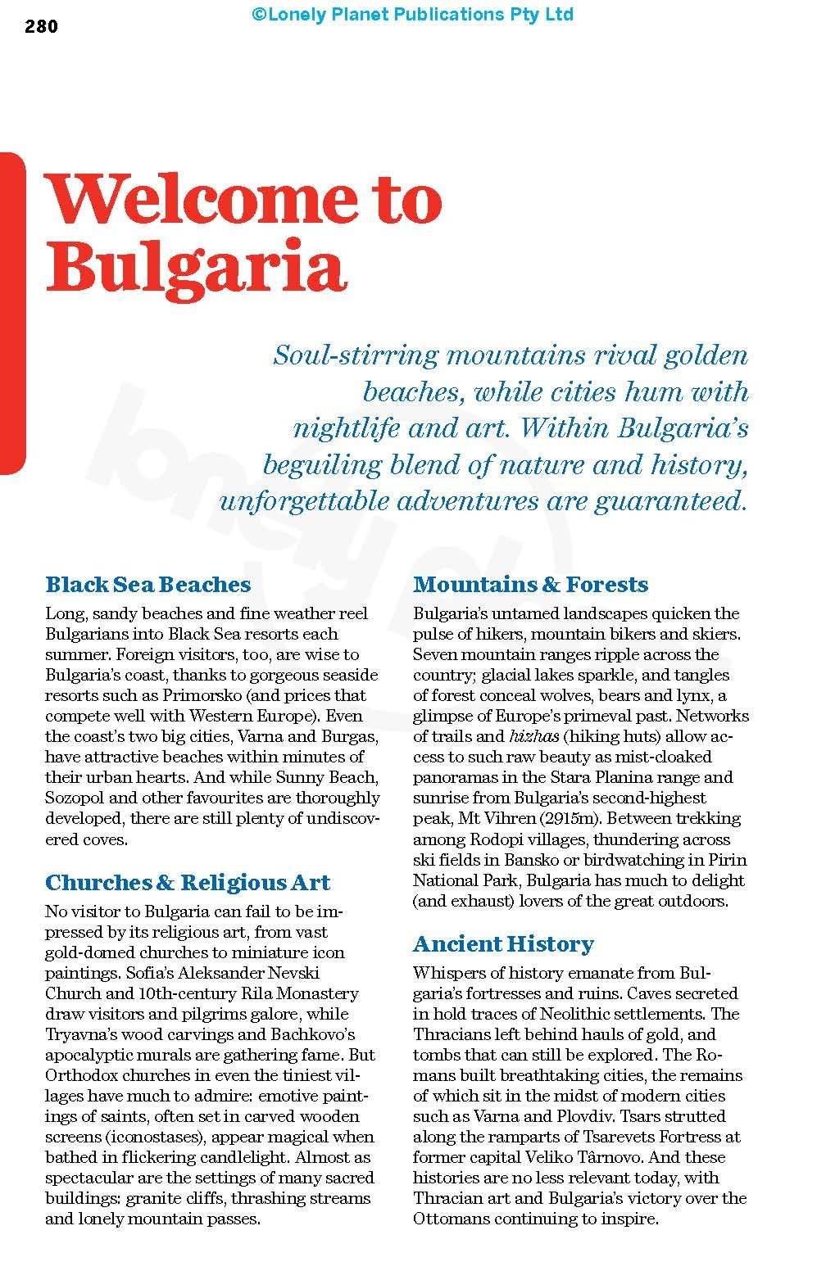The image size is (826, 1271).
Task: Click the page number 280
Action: tap(42, 27)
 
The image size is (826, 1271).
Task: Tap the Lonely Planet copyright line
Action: tap(412, 14)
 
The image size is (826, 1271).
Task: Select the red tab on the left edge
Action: tap(12, 312)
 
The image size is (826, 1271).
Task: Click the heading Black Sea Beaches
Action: tap(148, 585)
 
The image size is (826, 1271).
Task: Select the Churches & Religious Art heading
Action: tap(188, 882)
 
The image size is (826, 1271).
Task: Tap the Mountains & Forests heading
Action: tap(530, 585)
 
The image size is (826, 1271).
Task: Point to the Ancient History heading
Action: tap(503, 943)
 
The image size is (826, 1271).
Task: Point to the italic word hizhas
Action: tap(533, 736)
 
